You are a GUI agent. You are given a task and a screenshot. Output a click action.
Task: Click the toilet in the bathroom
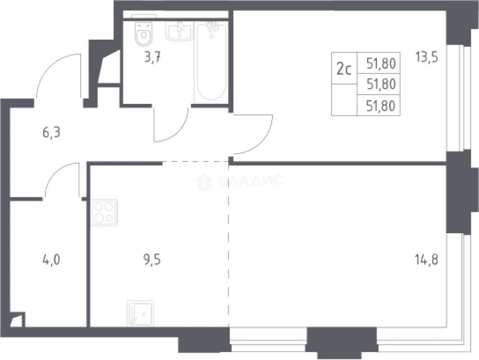143,34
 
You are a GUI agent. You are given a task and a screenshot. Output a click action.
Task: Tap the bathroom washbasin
180,31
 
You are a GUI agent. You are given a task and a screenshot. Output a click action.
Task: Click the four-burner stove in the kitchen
104,212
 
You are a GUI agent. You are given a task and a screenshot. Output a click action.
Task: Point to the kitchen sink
140,313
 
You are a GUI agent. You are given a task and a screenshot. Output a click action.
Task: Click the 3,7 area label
152,57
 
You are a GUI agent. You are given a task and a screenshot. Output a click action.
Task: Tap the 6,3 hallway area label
51,132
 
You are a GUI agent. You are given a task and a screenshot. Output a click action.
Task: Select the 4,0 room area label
51,260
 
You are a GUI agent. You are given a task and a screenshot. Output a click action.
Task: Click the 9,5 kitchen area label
152,260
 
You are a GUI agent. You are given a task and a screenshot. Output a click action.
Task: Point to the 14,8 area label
426,260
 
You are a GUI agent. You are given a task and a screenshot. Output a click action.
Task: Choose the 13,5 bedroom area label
426,57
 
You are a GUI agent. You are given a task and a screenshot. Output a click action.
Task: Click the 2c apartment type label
344,69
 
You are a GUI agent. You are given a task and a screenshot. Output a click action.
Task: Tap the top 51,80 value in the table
381,63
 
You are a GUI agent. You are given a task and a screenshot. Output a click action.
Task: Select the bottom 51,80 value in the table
380,106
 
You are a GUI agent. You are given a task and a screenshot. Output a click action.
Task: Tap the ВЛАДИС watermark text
251,181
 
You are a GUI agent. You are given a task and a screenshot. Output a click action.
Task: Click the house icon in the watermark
204,182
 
